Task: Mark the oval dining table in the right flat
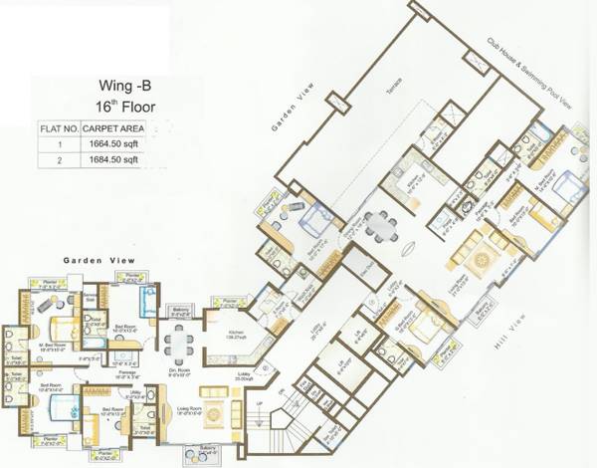(379, 227)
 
